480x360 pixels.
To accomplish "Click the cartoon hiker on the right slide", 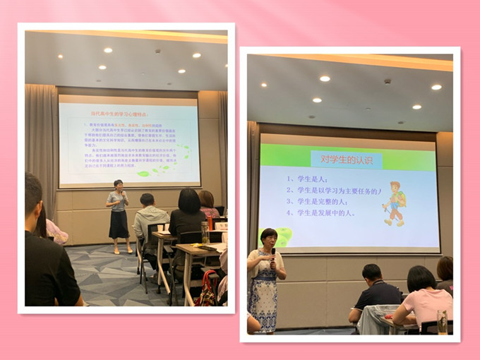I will coord(393,205).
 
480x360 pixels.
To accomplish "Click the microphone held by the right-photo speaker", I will coord(272,253).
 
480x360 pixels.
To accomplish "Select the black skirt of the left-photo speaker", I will coord(119,224).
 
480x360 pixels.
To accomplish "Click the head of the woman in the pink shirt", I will coord(421,278).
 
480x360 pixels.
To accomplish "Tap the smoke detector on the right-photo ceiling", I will coord(387,81).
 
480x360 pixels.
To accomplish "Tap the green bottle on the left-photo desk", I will coord(205,232).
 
